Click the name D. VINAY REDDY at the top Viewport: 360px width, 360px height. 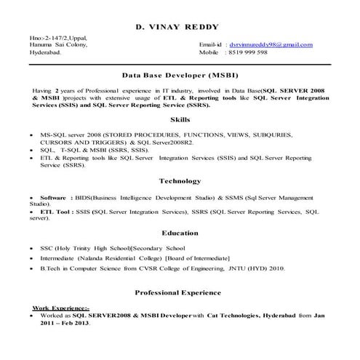click(177, 28)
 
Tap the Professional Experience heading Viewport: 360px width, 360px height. click(178, 292)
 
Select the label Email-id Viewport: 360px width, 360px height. click(211, 45)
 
